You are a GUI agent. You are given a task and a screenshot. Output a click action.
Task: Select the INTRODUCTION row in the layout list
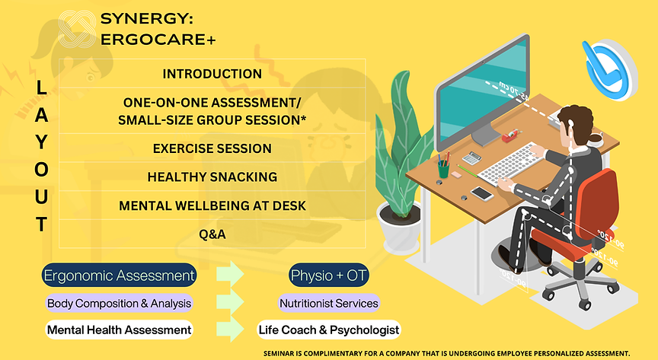point(212,74)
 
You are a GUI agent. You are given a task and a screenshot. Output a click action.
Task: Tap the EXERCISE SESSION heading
point(212,148)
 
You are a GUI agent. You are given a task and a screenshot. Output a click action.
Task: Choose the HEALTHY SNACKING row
point(212,177)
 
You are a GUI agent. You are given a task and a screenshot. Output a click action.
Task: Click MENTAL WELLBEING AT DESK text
point(212,205)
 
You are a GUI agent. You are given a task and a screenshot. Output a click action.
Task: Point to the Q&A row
point(212,234)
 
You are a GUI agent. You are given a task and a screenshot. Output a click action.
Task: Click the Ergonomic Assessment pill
point(120,275)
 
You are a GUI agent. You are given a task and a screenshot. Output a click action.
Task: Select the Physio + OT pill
point(327,275)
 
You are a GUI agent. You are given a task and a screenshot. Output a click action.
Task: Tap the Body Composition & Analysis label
point(119,303)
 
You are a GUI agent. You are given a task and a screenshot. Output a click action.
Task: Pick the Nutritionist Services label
point(328,303)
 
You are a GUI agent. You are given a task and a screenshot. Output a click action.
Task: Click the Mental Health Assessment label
point(119,330)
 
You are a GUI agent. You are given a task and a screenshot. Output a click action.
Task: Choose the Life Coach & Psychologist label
point(328,330)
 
